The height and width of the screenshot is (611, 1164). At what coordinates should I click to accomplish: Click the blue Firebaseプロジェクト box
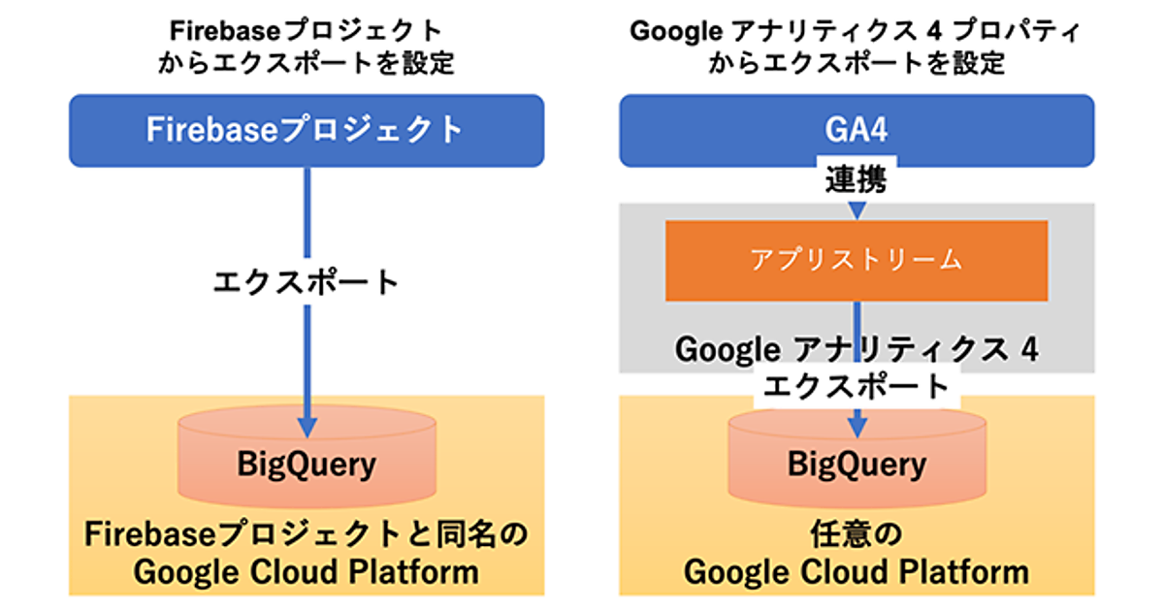pos(306,130)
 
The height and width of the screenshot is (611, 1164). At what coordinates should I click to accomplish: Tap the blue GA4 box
pos(856,130)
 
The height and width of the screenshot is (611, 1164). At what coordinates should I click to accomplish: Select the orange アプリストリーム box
pos(856,260)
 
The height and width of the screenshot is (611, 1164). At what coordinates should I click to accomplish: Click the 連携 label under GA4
pos(856,179)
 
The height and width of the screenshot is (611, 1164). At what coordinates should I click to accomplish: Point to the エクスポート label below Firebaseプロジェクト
pos(306,282)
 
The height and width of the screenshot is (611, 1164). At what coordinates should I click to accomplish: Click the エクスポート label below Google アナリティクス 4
pos(856,387)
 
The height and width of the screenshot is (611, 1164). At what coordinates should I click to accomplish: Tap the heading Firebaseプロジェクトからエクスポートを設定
pos(306,47)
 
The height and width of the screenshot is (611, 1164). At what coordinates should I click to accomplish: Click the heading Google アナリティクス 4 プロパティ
pos(856,31)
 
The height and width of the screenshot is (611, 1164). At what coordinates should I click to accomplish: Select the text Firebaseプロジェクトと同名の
pos(306,534)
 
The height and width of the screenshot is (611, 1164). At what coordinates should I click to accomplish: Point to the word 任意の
pos(856,534)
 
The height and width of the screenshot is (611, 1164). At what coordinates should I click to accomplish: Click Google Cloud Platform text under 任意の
pos(856,571)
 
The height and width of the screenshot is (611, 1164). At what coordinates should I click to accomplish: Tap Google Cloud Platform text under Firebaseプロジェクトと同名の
pos(306,571)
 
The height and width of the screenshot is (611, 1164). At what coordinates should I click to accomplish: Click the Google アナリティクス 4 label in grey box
pos(856,349)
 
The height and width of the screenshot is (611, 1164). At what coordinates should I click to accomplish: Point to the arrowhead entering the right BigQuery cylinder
pos(856,425)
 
